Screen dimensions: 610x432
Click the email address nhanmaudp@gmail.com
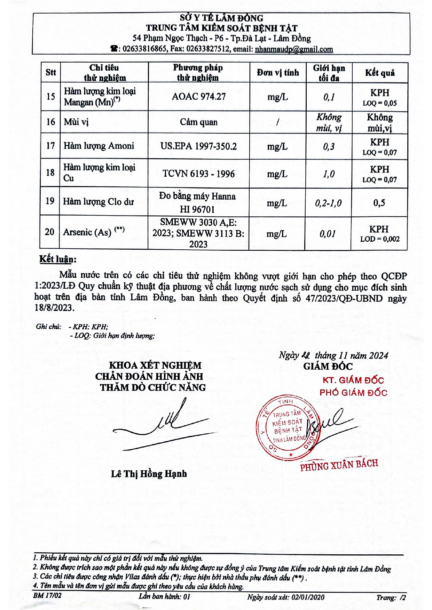(294, 49)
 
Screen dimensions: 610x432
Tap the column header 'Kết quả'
(379, 73)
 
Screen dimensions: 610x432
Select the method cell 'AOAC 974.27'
(199, 96)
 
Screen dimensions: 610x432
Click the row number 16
(51, 122)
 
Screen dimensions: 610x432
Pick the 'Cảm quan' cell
(199, 122)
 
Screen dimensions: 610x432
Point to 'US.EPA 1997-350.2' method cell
(198, 146)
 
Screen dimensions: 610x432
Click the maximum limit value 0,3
(329, 146)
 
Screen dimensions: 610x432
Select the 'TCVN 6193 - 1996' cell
(198, 174)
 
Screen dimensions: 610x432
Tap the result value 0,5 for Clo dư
(379, 203)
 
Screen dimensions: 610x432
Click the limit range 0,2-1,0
(328, 203)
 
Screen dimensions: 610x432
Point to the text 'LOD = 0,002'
(379, 239)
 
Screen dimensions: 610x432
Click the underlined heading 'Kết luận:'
(58, 259)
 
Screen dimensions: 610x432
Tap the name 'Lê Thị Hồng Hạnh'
(149, 474)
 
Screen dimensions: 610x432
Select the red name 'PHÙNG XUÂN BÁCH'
(339, 465)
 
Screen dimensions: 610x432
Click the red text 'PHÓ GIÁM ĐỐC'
(353, 393)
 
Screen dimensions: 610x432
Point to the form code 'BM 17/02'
(47, 595)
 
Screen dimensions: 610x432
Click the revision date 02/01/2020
(308, 597)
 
